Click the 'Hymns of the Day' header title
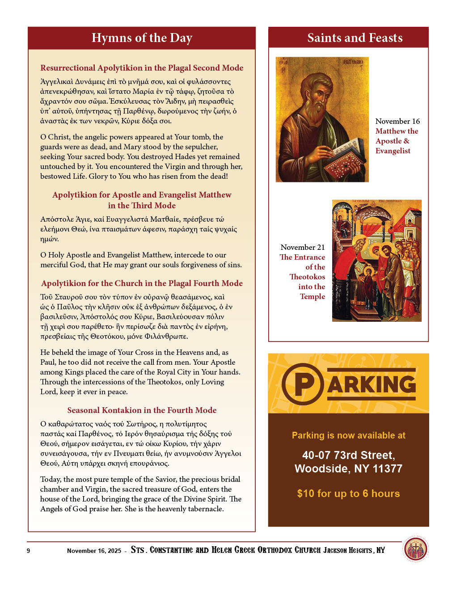click(142, 38)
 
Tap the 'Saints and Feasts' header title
click(355, 38)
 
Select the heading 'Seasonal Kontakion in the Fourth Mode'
click(142, 410)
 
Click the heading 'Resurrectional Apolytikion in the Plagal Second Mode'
click(142, 68)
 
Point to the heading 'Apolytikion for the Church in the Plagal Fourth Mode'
click(142, 283)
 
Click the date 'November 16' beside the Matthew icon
click(397, 121)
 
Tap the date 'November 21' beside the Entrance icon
click(303, 247)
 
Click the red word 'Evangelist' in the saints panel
click(393, 151)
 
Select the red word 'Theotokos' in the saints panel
click(307, 277)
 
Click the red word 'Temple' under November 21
click(312, 296)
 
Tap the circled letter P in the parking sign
click(303, 384)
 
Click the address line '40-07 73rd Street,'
click(348, 455)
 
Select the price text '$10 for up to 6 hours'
click(348, 493)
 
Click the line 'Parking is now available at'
click(348, 435)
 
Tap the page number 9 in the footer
click(28, 551)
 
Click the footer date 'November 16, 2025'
click(94, 551)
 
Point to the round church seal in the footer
click(415, 549)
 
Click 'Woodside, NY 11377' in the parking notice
click(348, 468)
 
